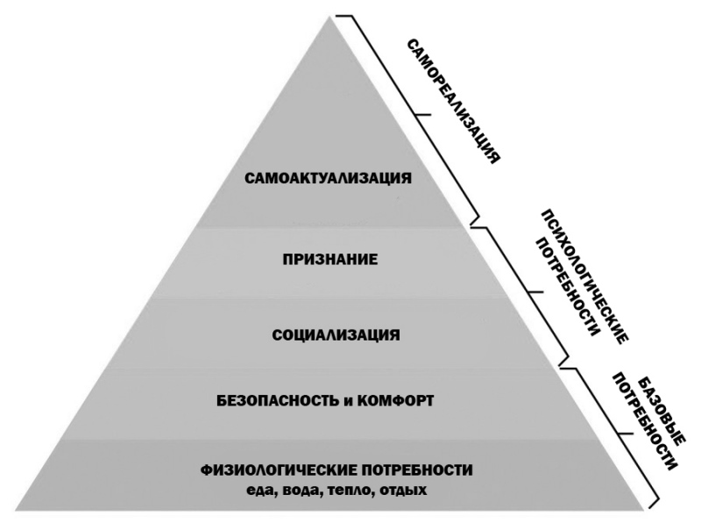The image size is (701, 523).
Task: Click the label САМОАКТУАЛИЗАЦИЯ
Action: tap(328, 178)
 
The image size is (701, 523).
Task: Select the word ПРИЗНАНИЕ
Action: tap(330, 259)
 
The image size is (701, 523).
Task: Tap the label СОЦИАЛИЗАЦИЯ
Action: tap(336, 335)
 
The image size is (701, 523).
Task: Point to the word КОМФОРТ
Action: tap(395, 400)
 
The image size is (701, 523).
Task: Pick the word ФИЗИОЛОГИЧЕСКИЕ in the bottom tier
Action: tap(278, 470)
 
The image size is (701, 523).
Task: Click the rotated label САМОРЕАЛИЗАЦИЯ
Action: tap(453, 101)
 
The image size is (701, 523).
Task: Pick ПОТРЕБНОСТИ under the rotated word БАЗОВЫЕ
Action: tap(644, 421)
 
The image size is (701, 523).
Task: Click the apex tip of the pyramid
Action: tap(331, 17)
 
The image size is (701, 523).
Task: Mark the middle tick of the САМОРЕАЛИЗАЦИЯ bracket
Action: tap(422, 115)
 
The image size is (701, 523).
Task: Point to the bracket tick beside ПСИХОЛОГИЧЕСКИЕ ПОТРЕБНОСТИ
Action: tap(535, 292)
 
